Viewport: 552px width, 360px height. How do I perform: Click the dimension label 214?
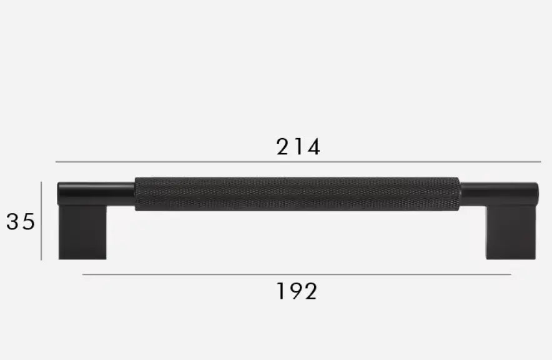(x=298, y=147)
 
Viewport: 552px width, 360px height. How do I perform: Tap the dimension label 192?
(x=297, y=291)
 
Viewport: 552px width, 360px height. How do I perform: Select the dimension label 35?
(x=21, y=222)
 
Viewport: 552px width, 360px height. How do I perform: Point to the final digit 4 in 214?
(x=313, y=147)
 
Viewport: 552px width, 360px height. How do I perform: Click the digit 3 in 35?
(x=13, y=222)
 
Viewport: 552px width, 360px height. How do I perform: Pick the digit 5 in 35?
(x=28, y=222)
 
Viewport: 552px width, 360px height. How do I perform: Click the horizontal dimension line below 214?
(x=298, y=162)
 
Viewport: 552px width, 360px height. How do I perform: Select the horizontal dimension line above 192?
(x=297, y=274)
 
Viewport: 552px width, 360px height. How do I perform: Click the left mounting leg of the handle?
(x=82, y=232)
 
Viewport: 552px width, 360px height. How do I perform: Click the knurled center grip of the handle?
(x=297, y=194)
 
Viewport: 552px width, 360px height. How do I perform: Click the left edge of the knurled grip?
(x=136, y=194)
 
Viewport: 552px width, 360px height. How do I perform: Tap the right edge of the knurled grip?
(x=459, y=194)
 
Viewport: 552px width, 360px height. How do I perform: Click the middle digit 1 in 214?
(x=299, y=147)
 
